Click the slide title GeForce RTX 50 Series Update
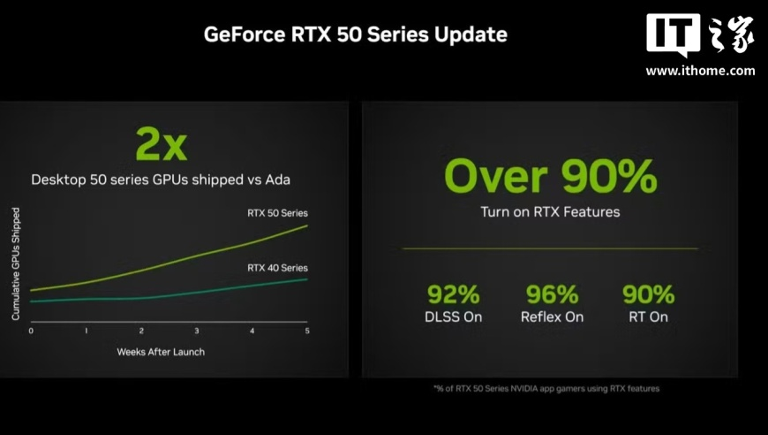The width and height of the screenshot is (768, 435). [356, 34]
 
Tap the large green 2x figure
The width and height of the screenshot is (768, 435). [162, 144]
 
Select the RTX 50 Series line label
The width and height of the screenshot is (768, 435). [277, 213]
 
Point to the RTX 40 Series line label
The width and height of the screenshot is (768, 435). [277, 268]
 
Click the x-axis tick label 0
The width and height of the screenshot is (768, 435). [31, 331]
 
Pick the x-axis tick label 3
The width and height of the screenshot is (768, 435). [196, 331]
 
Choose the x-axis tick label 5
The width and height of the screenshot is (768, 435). [307, 331]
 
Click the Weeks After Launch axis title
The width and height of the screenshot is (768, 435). [161, 352]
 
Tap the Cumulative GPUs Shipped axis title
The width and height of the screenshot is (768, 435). [16, 263]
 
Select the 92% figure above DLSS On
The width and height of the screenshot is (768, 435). [454, 294]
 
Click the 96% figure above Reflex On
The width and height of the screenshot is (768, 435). [552, 294]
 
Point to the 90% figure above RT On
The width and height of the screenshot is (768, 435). [649, 294]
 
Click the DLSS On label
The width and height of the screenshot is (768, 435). [454, 317]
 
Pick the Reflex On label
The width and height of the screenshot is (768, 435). [552, 317]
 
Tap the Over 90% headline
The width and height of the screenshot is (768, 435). [551, 176]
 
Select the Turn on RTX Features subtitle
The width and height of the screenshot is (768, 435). [550, 212]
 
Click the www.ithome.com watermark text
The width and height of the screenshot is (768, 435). [700, 71]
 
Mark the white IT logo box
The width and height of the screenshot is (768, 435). [673, 34]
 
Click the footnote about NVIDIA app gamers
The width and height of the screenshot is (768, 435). [546, 389]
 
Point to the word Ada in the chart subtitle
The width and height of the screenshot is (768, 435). [278, 179]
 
